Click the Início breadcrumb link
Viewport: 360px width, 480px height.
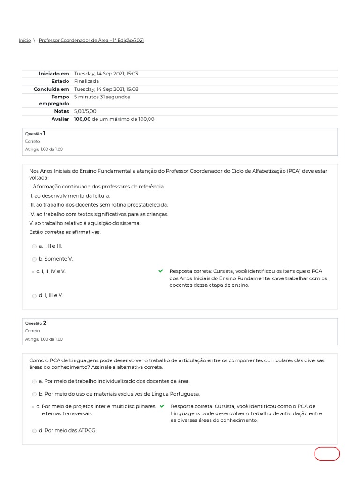click(25, 40)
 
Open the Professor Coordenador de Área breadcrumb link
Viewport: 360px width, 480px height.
click(91, 40)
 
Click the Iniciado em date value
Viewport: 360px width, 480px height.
click(106, 74)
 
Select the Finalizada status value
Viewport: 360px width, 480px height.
click(86, 81)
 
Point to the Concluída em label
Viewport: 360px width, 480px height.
click(51, 89)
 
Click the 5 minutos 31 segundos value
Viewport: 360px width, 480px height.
click(102, 97)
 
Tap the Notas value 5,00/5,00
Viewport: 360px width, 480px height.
click(85, 111)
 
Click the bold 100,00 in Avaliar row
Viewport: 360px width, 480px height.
click(82, 119)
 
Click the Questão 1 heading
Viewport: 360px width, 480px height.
click(35, 134)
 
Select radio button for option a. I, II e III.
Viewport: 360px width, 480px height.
click(34, 246)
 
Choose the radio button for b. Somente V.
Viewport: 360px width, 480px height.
click(34, 259)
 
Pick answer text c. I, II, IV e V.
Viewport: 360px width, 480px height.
click(51, 271)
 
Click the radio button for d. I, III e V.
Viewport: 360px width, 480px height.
click(34, 296)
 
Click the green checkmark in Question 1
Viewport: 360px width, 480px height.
click(161, 271)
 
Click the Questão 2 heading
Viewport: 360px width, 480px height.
click(36, 323)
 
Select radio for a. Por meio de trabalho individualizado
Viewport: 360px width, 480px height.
click(34, 381)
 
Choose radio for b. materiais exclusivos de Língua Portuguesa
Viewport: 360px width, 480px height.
click(34, 394)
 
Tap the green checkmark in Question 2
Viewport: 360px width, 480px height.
click(162, 406)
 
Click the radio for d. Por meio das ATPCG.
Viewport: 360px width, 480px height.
click(34, 431)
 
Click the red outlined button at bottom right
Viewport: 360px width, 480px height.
click(327, 454)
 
